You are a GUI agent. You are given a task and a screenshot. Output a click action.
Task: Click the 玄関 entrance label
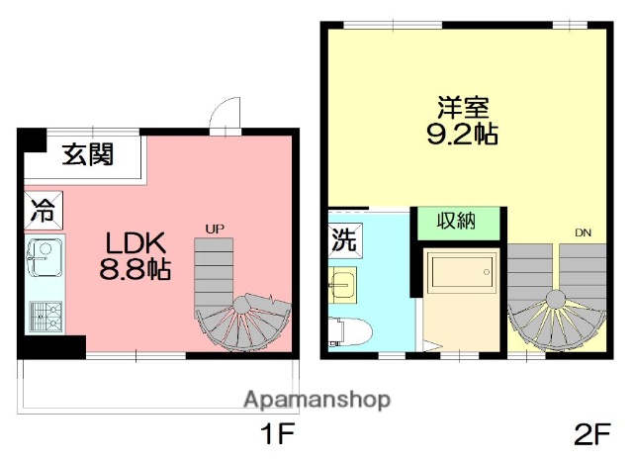[x=87, y=154]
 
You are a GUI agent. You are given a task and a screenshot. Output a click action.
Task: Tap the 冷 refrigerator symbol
[x=43, y=211]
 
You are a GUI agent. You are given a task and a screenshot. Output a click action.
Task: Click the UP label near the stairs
[x=215, y=230]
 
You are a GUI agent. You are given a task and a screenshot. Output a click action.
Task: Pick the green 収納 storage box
[x=456, y=221]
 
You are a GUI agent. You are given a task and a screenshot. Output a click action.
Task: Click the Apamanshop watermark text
[x=316, y=401]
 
